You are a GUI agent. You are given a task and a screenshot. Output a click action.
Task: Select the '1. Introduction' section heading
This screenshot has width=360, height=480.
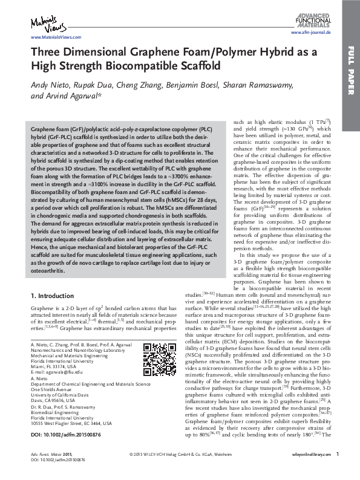click(55, 296)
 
